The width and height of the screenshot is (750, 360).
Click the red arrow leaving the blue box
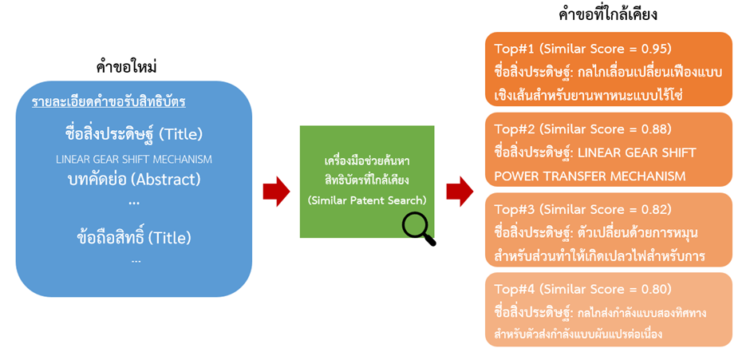point(276,192)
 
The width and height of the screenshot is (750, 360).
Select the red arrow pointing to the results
point(460,192)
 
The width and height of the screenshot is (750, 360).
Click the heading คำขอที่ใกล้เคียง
point(609,14)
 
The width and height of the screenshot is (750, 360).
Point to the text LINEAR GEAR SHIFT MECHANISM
point(134,159)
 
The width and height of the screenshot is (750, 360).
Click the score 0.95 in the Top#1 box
point(653,48)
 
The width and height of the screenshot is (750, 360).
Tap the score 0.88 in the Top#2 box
point(653,129)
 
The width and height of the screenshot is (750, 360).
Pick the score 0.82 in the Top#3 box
point(653,209)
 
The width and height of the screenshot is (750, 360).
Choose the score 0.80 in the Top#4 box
point(653,289)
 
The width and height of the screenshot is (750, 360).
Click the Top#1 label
point(514,48)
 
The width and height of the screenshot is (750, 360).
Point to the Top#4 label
point(514,289)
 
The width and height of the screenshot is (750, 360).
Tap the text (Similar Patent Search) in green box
point(367,200)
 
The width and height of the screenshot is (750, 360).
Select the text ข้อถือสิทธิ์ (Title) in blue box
point(134,237)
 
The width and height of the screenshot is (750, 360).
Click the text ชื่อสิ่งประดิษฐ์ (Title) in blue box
point(134,133)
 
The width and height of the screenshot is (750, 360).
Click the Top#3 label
point(514,209)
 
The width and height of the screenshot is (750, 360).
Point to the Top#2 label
point(514,129)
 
